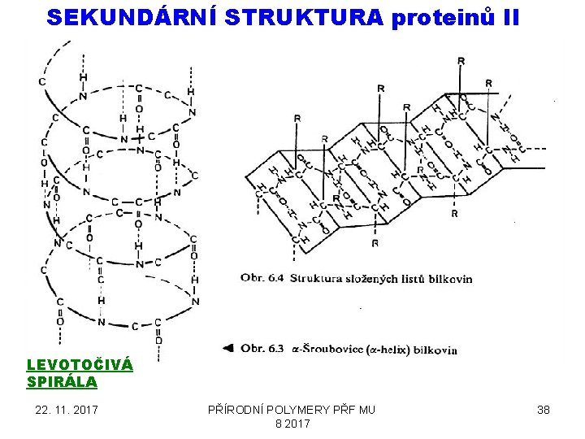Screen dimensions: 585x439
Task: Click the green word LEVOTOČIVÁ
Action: point(80,365)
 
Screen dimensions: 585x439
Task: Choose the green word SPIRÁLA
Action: point(62,381)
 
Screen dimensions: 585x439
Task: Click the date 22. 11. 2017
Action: point(66,410)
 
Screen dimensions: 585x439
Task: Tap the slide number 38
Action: point(543,410)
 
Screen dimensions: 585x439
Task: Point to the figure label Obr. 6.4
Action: point(261,279)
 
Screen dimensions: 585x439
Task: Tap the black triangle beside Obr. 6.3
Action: point(228,349)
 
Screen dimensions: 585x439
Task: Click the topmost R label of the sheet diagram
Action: point(461,61)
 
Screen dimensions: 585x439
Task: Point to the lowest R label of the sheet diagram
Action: point(375,243)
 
